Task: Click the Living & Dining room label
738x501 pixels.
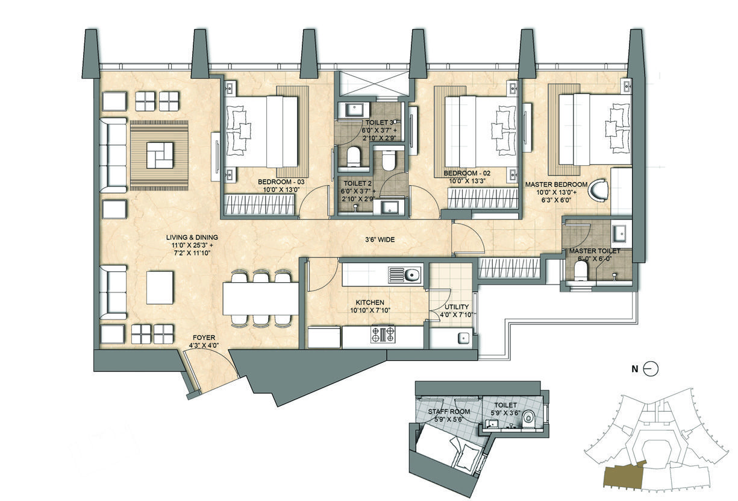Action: tap(192, 245)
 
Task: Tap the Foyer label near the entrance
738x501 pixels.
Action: tap(204, 341)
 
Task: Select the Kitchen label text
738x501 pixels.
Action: tap(370, 306)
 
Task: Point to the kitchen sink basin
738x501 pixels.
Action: tap(412, 275)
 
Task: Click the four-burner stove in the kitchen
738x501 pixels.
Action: tap(383, 334)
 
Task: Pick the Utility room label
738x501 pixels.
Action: tap(457, 310)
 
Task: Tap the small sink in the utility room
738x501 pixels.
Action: tap(463, 338)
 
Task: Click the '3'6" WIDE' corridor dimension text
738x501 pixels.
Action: tap(380, 239)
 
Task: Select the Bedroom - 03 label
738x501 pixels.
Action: tap(281, 186)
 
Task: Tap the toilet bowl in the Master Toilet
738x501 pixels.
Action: tap(581, 271)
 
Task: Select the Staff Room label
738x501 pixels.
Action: tap(449, 415)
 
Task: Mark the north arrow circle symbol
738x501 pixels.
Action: tap(651, 369)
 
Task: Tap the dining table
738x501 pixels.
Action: tap(260, 298)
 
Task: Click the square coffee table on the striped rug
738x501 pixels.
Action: tap(160, 156)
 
